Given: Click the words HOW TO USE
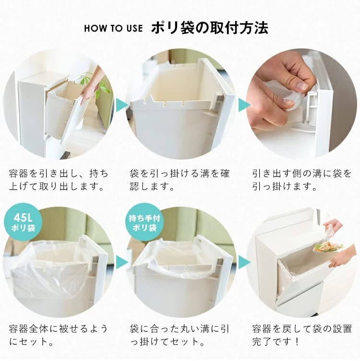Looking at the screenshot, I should (x=113, y=27).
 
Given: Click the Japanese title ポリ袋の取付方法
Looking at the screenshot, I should (x=209, y=26).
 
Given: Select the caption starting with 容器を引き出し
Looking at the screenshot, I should (x=59, y=179).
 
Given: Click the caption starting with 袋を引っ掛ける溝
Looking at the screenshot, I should (x=180, y=179).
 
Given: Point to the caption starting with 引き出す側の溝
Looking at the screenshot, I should (x=301, y=179).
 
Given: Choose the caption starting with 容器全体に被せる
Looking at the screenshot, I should (x=59, y=336).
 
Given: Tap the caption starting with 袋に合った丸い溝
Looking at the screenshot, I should (x=180, y=336).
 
